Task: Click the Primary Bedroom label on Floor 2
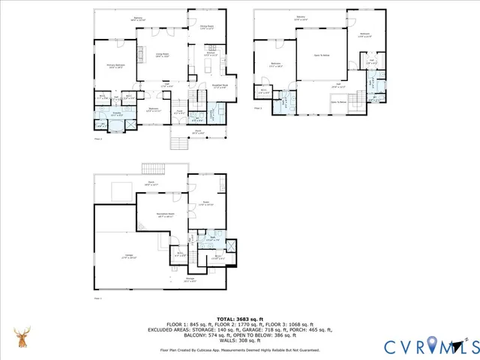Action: pos(115,66)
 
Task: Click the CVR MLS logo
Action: pos(428,346)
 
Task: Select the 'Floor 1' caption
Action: pos(97,298)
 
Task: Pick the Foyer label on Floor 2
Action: pos(180,112)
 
